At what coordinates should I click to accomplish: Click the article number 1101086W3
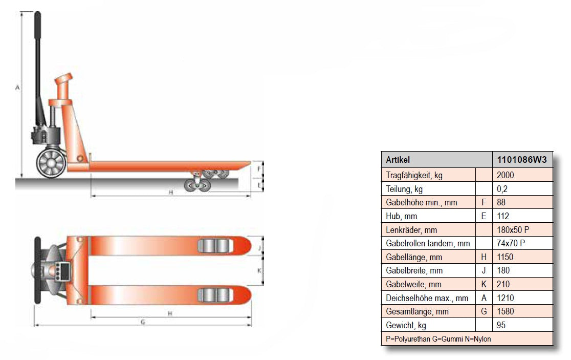(x=522, y=160)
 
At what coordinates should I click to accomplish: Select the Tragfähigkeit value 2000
(x=505, y=175)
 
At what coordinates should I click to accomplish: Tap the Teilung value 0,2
(x=502, y=189)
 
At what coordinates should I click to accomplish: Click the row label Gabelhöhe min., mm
(x=421, y=203)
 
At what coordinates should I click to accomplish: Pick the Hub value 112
(x=502, y=216)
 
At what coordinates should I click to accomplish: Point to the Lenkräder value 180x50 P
(x=513, y=230)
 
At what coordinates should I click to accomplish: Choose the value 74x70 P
(x=511, y=243)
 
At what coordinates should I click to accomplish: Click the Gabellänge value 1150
(x=504, y=257)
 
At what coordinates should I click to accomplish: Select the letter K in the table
(x=484, y=284)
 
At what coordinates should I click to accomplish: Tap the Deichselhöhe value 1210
(x=505, y=298)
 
